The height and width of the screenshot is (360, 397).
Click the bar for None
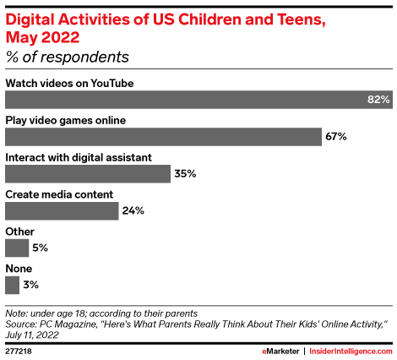click(13, 285)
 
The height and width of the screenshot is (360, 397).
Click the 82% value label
click(378, 100)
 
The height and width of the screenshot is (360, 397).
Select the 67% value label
click(336, 137)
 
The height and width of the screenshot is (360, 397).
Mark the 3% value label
click(31, 285)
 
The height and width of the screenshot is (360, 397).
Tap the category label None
click(19, 268)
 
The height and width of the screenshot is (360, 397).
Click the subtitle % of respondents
click(68, 58)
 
